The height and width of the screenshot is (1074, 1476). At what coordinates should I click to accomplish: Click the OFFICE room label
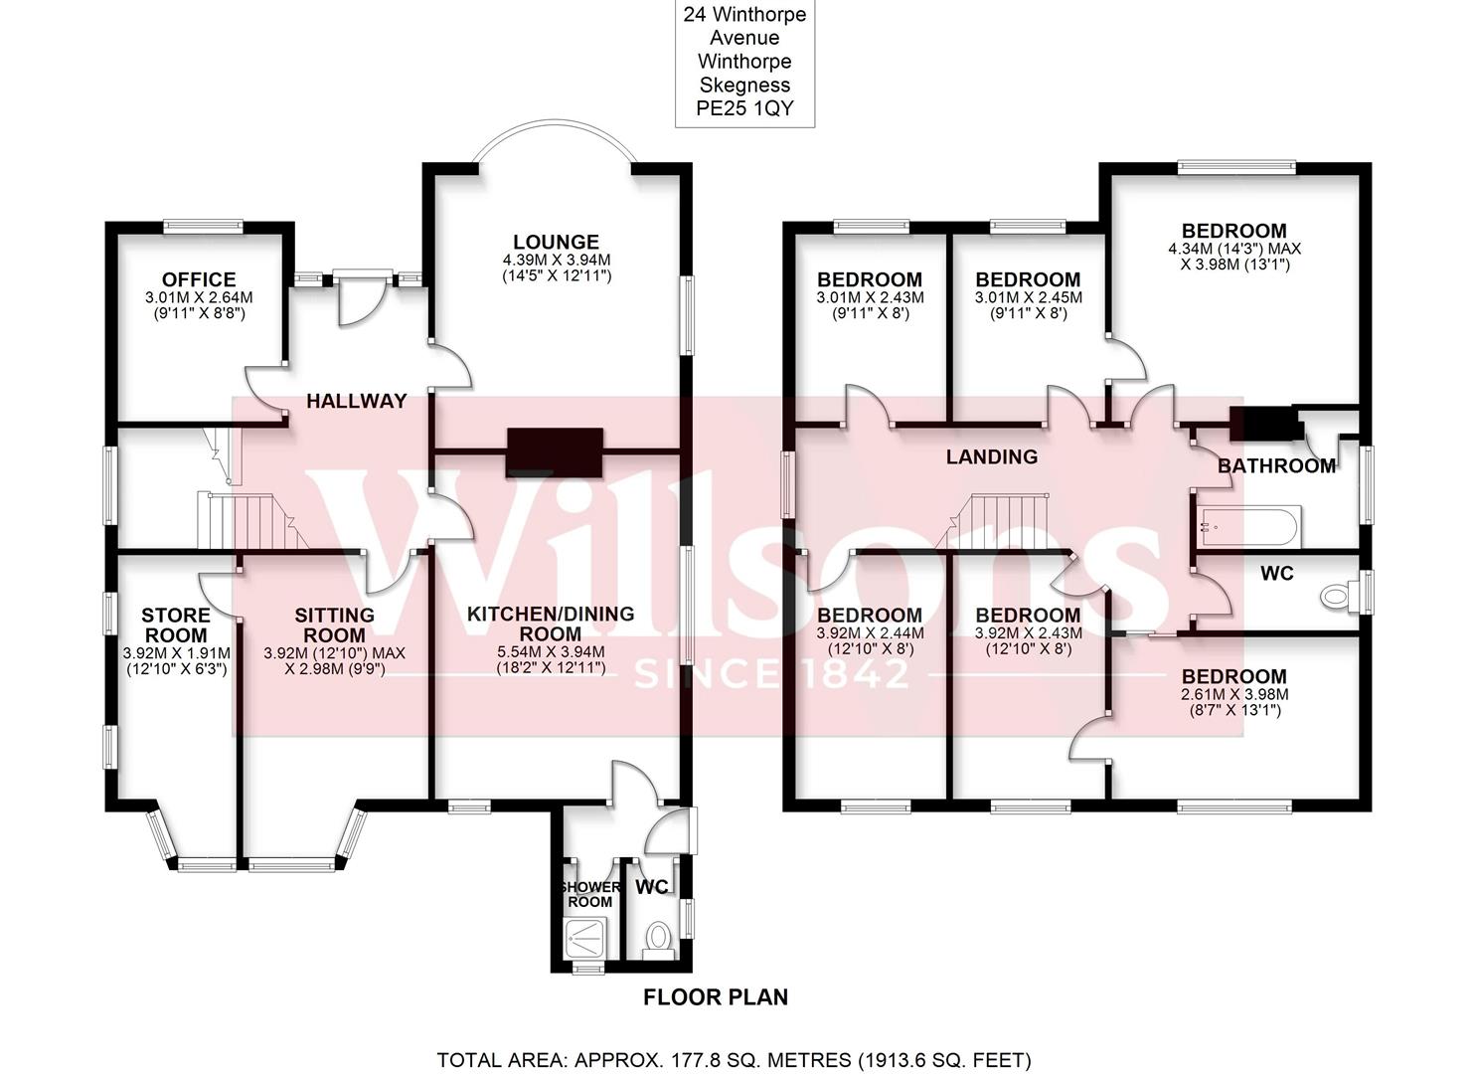coord(199,279)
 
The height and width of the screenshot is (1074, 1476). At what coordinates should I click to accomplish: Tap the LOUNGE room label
coord(556,242)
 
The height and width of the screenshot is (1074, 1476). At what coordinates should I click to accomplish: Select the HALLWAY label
coord(356,401)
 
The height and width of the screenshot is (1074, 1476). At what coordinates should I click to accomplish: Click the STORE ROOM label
coord(176,625)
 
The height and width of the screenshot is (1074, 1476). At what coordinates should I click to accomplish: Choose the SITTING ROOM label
coord(334,625)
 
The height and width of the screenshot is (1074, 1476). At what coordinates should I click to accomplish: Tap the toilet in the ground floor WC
coord(658,937)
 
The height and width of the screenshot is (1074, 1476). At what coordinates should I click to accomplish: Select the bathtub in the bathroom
coord(1248,526)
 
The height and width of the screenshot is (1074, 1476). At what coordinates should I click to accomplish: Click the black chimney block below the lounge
coord(555,452)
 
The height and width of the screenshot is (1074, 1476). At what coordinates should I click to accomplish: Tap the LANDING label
coord(991,456)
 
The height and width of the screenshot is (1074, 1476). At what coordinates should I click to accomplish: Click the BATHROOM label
coord(1276,465)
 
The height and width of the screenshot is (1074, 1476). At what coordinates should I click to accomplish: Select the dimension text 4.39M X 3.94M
coord(556,260)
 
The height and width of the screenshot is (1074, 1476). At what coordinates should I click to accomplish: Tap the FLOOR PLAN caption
coord(715,996)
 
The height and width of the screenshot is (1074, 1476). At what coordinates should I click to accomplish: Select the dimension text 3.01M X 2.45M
coord(1028,297)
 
